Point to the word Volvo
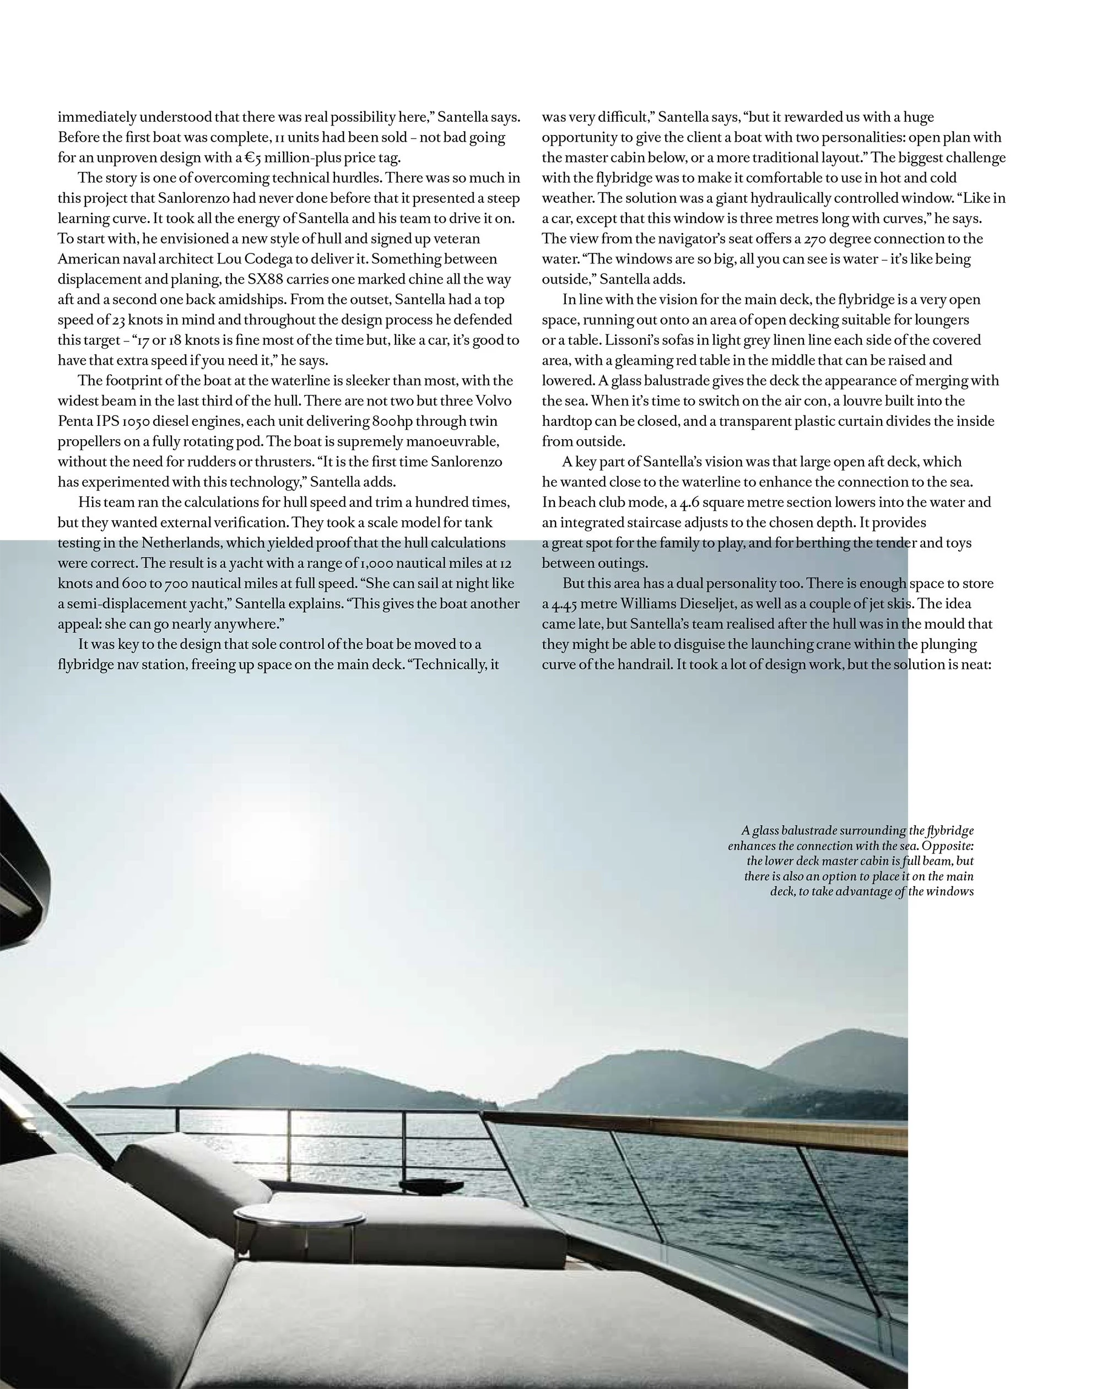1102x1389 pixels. coord(493,401)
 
